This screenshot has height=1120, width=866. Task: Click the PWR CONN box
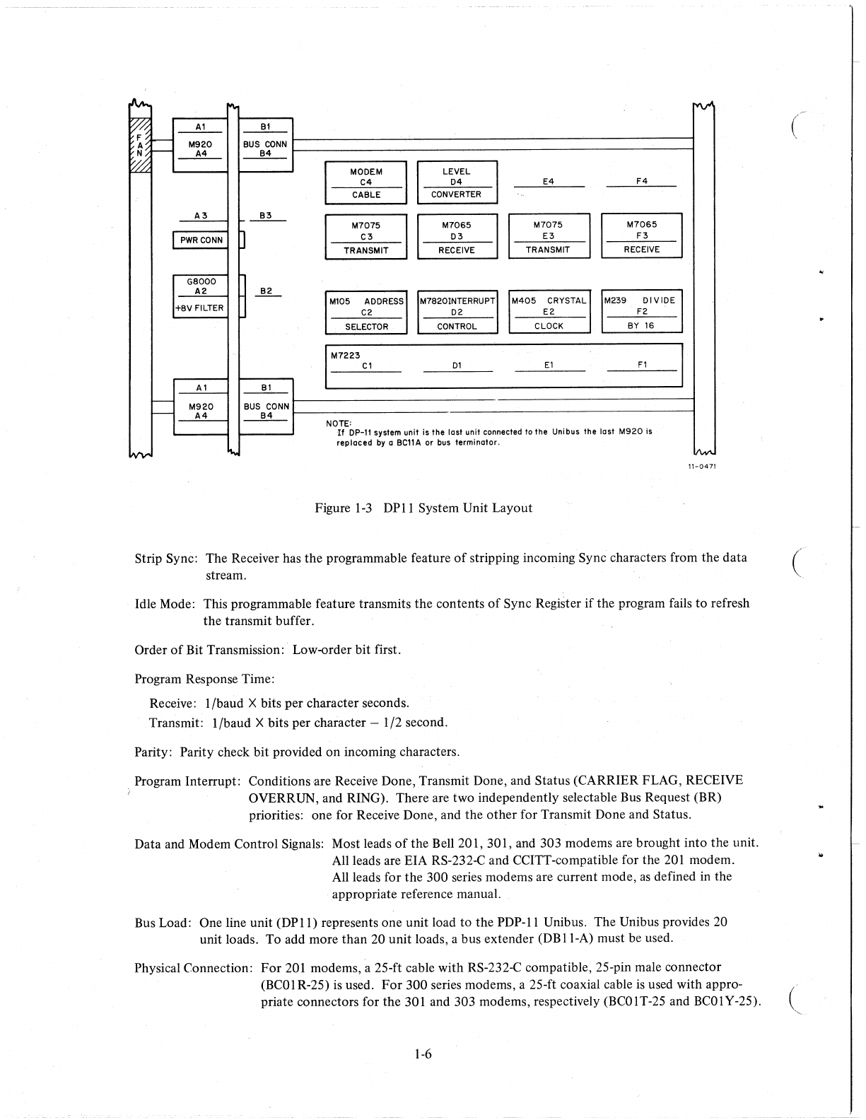(x=201, y=240)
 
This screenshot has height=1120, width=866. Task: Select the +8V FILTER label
(x=199, y=308)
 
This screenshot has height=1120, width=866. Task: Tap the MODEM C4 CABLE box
(x=365, y=183)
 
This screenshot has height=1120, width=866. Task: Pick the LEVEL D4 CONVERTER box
(x=457, y=182)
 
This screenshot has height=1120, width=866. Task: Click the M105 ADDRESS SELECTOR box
(x=365, y=313)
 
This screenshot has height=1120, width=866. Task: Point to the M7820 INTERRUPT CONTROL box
(x=457, y=313)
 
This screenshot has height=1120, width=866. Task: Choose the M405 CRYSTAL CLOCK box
(x=549, y=313)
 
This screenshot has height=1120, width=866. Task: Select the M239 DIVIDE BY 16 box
(x=640, y=312)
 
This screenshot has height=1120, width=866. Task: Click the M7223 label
(x=346, y=355)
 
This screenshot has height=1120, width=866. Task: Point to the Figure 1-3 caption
(x=423, y=508)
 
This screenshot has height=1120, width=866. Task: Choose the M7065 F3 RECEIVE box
(x=641, y=236)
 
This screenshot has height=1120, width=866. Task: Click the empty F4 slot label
(x=641, y=181)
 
